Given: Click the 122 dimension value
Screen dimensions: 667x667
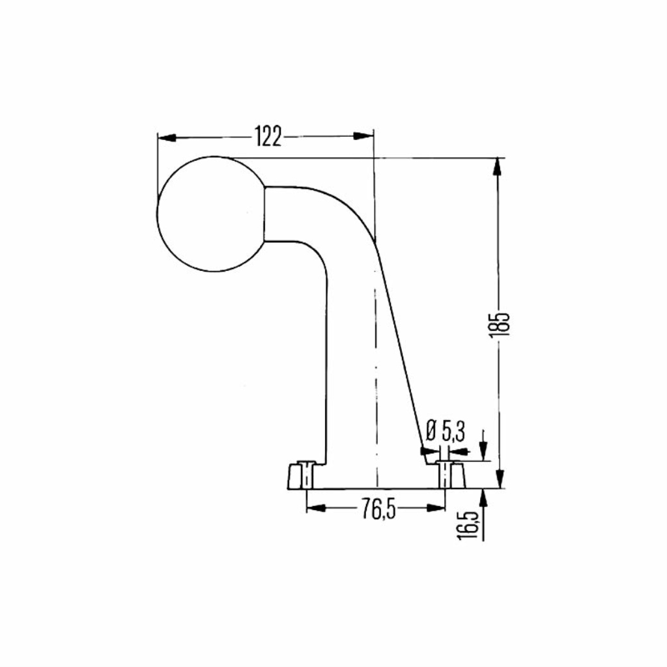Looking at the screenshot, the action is pos(268,136).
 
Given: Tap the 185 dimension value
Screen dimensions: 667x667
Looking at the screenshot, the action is pos(500,324).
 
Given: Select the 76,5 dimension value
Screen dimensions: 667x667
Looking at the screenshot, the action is pos(378,509).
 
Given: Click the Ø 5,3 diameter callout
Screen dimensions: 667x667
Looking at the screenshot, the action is pos(445,431).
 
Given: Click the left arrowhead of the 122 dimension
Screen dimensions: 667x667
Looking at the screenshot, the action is pos(167,137).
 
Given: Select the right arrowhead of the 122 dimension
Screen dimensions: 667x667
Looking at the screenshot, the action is pos(363,135).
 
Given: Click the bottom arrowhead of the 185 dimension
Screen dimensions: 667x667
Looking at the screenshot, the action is pos(500,479).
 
